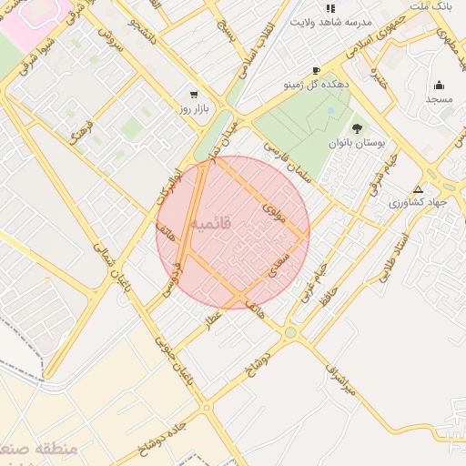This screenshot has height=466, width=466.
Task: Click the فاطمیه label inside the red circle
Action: tap(214, 221)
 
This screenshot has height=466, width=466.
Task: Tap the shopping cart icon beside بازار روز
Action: tap(193, 95)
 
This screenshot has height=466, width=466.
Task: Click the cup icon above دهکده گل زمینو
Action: tap(316, 70)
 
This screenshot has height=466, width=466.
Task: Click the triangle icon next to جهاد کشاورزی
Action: tap(418, 190)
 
